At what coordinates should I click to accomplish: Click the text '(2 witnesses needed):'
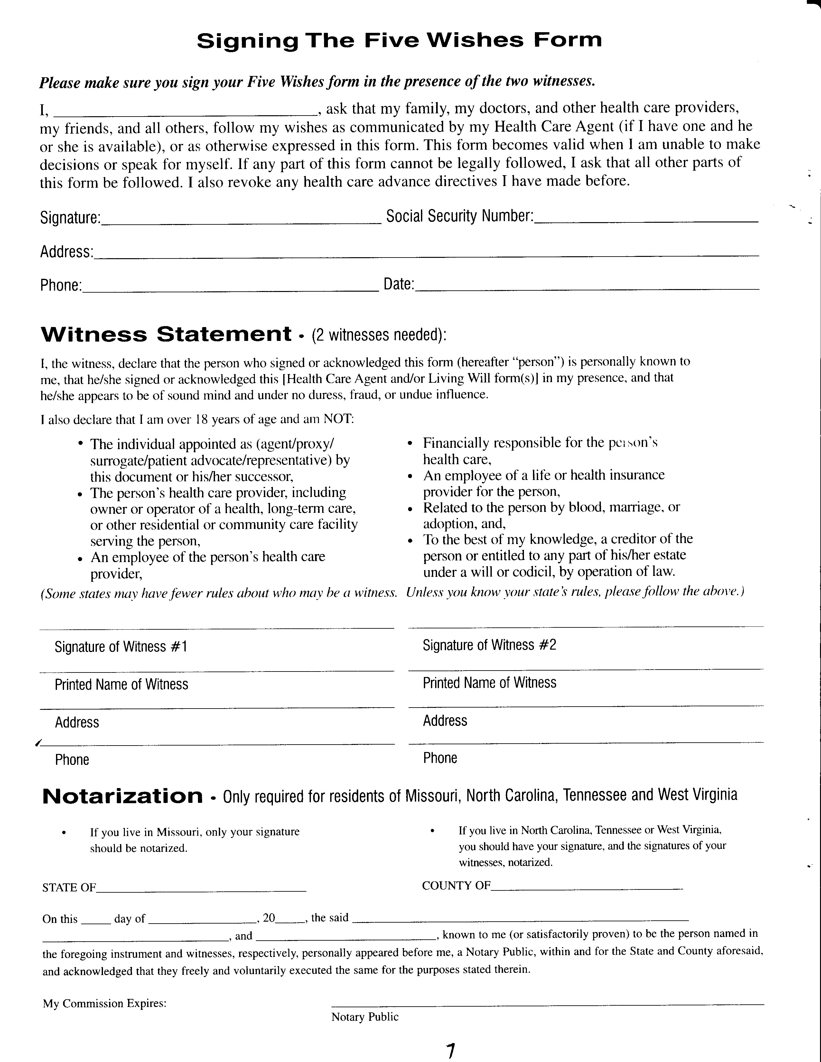tap(379, 335)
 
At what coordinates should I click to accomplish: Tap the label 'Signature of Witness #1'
tap(121, 647)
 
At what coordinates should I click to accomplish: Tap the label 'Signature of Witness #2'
tap(489, 645)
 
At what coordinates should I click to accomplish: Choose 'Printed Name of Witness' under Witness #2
tap(489, 683)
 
